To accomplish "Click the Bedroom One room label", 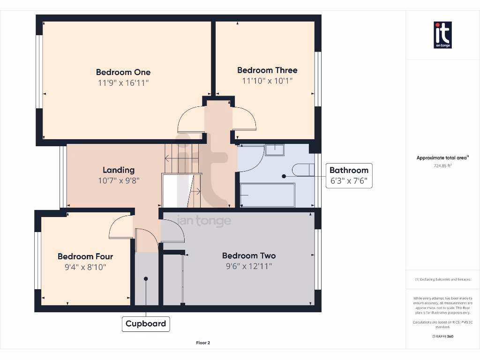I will point(123,72).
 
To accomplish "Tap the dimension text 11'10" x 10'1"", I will point(267,81).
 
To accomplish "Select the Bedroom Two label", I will point(248,255).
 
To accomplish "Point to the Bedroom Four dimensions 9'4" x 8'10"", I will point(85,267).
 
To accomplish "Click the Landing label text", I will point(119,170).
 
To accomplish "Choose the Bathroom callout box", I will point(349,175).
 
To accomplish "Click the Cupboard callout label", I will point(146,323).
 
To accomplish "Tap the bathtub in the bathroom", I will point(267,195).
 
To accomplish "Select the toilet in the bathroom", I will point(302,170).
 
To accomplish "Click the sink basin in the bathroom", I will point(274,150).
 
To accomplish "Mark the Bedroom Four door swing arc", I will point(121,227).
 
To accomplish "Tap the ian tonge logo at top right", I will point(442,35).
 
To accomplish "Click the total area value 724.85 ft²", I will point(442,165).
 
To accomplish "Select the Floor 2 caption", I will point(203,343).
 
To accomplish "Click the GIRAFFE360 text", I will point(443,336).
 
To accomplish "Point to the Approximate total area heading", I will point(442,158).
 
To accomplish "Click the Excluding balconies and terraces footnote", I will point(443,279).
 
